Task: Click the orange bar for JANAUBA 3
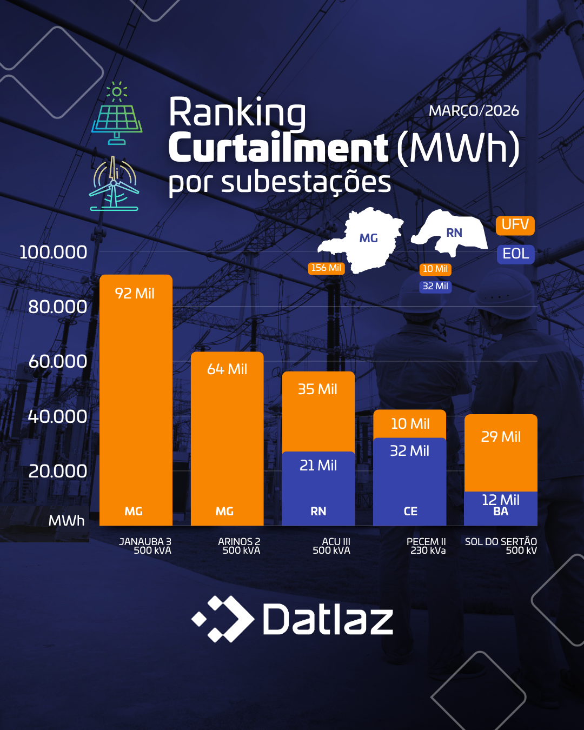[136, 400]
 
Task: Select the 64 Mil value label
[227, 369]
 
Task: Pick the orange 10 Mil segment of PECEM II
[410, 423]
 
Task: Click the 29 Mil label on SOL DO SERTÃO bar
[501, 437]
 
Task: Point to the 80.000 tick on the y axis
[57, 307]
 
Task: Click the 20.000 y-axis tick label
[57, 472]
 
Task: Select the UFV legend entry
[515, 225]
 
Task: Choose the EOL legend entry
[515, 254]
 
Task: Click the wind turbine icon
[114, 184]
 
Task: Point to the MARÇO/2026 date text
[474, 111]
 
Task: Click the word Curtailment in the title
[278, 148]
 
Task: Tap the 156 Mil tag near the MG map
[326, 268]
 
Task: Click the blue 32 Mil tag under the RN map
[435, 287]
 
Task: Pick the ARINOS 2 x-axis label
[240, 546]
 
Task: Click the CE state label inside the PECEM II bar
[410, 512]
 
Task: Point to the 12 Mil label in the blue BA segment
[501, 500]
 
